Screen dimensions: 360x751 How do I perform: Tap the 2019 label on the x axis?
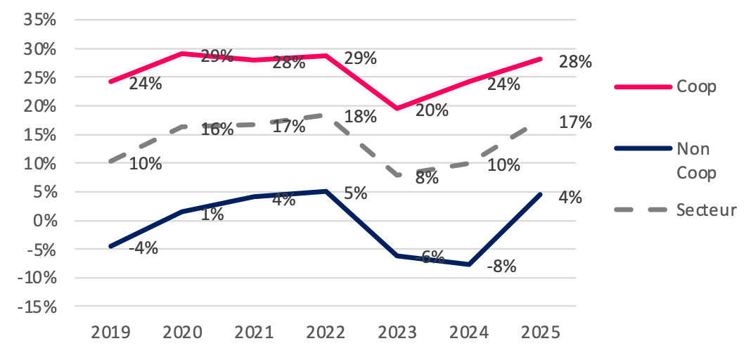[111, 332]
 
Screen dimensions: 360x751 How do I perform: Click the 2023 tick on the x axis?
[397, 332]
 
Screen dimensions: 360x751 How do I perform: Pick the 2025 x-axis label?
[540, 332]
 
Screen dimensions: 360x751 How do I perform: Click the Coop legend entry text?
[696, 86]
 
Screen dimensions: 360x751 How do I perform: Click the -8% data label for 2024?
[502, 266]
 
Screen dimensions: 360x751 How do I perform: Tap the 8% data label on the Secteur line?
[426, 178]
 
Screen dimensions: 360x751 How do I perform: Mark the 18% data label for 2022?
[359, 117]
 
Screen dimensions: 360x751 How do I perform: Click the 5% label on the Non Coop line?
[356, 193]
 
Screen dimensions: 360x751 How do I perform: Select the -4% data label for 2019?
[143, 247]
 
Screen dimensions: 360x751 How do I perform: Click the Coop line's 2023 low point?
[397, 108]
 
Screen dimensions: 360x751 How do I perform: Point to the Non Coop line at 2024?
[468, 264]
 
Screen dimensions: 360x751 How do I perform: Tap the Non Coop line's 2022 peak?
[325, 191]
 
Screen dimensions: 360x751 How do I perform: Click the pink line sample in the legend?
[642, 86]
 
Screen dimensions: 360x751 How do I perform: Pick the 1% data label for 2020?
[212, 214]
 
